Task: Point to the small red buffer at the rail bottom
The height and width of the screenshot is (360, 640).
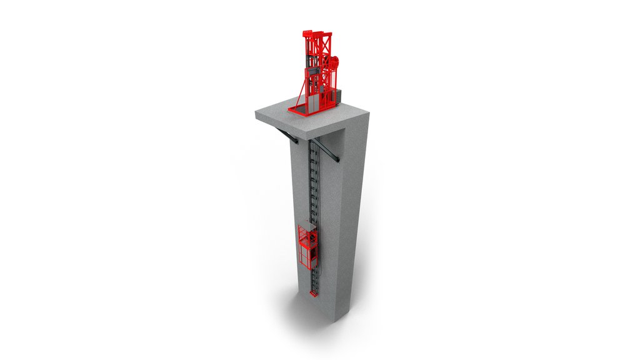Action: coord(312,292)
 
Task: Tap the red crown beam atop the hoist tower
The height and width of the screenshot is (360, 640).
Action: coord(316,33)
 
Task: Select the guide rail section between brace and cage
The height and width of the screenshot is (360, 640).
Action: coord(315,187)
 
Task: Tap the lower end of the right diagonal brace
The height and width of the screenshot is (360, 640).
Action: coord(337,162)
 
